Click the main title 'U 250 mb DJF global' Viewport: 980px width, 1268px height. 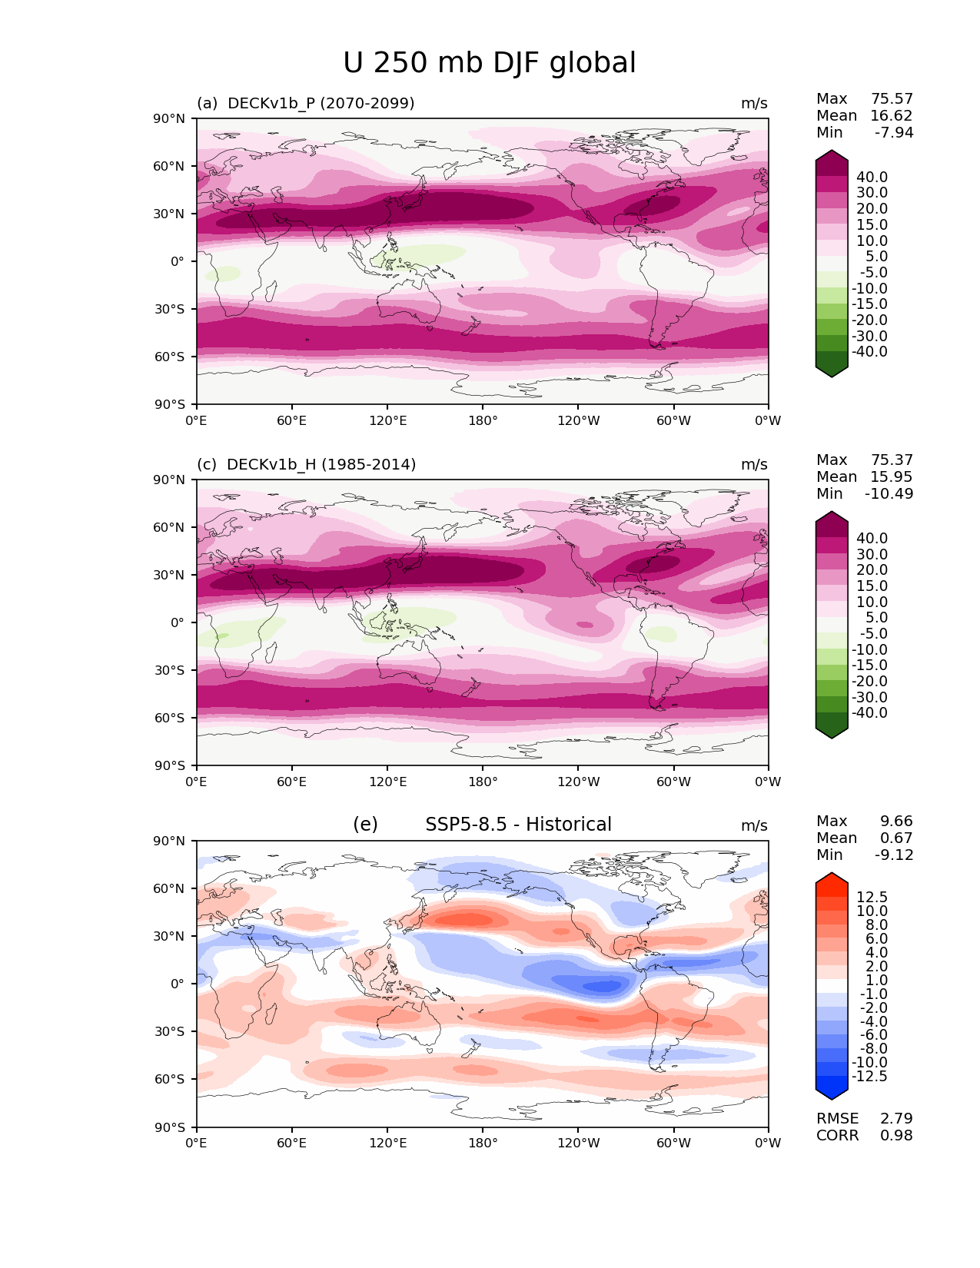pyautogui.click(x=490, y=63)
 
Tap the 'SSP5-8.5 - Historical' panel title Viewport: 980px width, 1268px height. pyautogui.click(x=518, y=825)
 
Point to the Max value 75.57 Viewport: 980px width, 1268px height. pyautogui.click(x=892, y=98)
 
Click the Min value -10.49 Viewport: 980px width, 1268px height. pyautogui.click(x=889, y=493)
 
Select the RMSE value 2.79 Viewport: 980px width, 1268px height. pyautogui.click(x=896, y=1118)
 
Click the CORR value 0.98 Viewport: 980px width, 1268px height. pyautogui.click(x=896, y=1135)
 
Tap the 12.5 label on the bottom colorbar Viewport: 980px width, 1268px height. pyautogui.click(x=872, y=897)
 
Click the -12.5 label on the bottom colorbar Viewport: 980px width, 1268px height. pyautogui.click(x=869, y=1076)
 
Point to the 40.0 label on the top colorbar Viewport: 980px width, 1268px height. pyautogui.click(x=872, y=177)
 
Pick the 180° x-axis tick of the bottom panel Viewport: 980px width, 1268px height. pyautogui.click(x=483, y=1143)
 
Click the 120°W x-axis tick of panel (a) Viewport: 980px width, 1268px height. pyautogui.click(x=579, y=420)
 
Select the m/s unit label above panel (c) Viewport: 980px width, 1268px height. pyautogui.click(x=754, y=464)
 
